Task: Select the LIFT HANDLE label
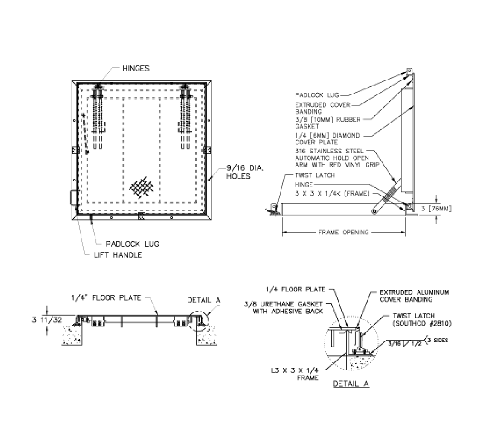(118, 255)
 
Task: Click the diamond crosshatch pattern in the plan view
(144, 187)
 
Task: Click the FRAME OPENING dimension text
(343, 232)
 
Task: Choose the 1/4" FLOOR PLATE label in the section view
(106, 298)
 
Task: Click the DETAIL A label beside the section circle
(203, 300)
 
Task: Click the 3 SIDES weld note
(438, 340)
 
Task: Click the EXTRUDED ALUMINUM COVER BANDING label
(414, 296)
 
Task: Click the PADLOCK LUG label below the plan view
(132, 244)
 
